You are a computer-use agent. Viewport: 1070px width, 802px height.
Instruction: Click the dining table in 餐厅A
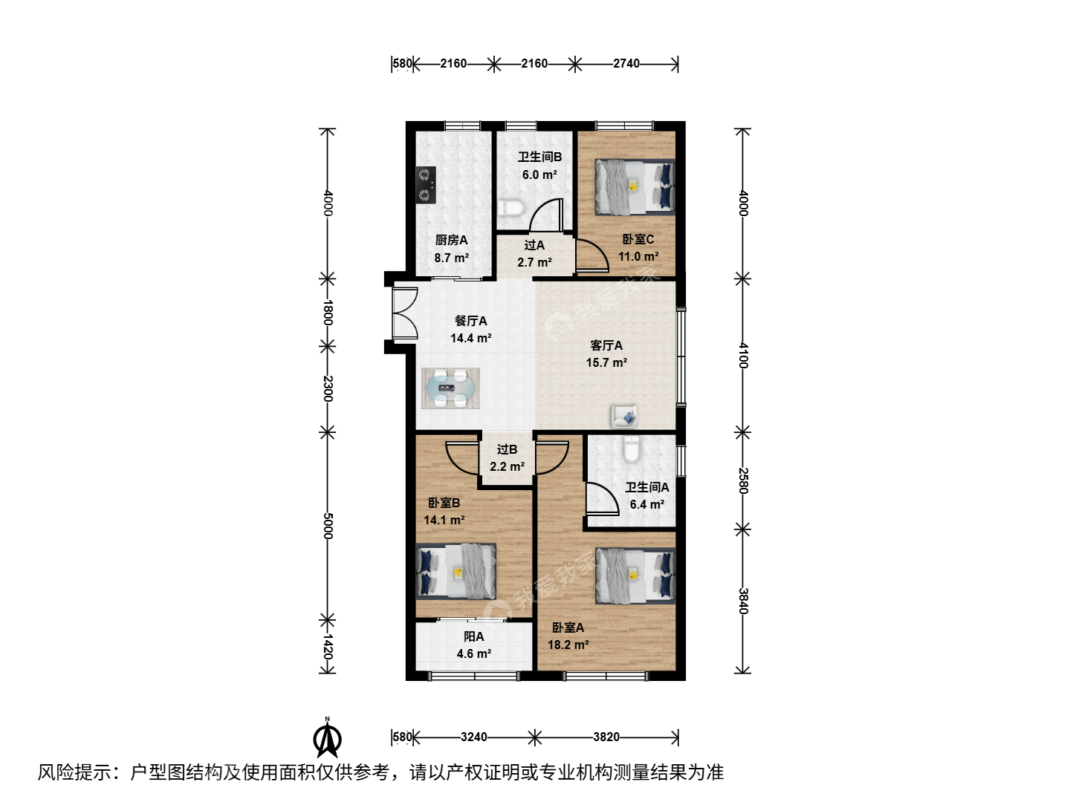[x=450, y=388]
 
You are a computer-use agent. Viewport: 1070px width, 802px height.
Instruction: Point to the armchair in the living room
[x=624, y=417]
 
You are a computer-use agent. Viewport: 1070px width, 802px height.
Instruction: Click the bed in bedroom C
[x=635, y=187]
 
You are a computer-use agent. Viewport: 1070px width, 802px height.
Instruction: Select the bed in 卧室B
[x=455, y=572]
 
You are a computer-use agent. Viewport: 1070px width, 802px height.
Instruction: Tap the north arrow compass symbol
[x=327, y=737]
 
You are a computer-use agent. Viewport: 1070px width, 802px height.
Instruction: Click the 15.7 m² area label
[x=606, y=363]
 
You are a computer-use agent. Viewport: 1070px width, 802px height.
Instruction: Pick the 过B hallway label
[x=507, y=449]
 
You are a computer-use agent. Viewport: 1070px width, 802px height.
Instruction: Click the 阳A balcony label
[x=474, y=636]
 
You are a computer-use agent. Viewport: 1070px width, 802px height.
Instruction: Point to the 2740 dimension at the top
[x=626, y=64]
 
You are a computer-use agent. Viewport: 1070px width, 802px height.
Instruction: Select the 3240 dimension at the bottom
[x=474, y=737]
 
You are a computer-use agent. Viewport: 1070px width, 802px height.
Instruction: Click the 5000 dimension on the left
[x=328, y=526]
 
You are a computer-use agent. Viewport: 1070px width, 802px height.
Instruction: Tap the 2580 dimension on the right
[x=742, y=480]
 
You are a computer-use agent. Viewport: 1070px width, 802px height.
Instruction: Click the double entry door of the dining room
[x=405, y=313]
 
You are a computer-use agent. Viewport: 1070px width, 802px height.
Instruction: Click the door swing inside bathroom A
[x=602, y=498]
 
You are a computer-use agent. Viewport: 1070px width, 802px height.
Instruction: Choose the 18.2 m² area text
[x=568, y=645]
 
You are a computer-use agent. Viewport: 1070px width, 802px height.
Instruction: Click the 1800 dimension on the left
[x=328, y=313]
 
